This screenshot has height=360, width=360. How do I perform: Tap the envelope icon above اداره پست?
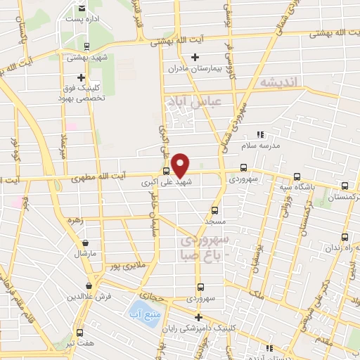point(82,7)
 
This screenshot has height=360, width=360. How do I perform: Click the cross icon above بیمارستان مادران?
point(196,57)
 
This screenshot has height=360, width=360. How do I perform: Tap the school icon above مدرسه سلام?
point(259,134)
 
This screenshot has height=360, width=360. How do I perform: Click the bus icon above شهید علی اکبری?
point(166,170)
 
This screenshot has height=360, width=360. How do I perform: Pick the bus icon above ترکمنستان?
point(344,186)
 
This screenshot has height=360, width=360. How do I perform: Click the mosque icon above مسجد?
point(214,210)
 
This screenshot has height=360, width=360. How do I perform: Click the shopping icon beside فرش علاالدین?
point(88,285)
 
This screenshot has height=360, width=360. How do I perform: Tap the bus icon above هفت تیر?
point(79,333)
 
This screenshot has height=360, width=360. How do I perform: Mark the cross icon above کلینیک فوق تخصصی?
point(82,77)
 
